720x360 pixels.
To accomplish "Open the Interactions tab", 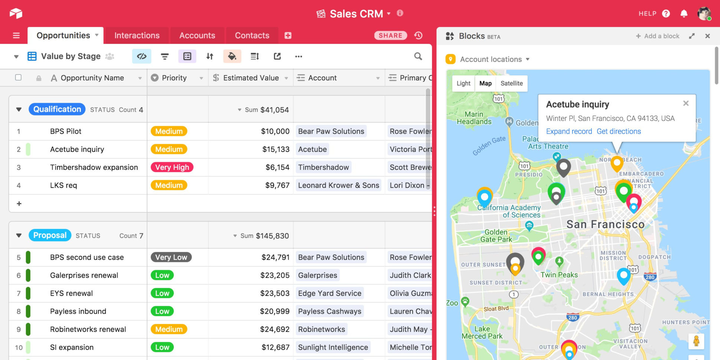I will tap(137, 36).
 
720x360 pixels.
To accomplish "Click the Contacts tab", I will tap(252, 36).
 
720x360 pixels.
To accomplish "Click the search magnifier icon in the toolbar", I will tap(418, 56).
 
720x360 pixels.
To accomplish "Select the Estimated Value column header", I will tap(251, 78).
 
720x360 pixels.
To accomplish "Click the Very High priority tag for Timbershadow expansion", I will tap(172, 167).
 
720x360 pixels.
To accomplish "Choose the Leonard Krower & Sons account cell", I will tap(338, 185).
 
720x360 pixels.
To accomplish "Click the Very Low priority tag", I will tap(171, 257).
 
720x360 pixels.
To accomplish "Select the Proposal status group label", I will tap(50, 235).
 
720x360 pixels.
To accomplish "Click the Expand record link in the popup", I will tap(569, 131).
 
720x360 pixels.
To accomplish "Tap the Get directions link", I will tap(618, 131).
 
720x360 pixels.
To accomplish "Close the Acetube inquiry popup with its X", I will tap(686, 104).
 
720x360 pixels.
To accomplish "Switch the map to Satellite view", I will tap(511, 84).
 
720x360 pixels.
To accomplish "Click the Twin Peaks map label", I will tap(559, 275).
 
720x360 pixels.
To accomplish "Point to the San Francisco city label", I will tap(605, 225).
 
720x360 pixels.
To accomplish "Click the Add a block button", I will tap(658, 36).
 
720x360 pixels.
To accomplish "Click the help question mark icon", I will tap(666, 14).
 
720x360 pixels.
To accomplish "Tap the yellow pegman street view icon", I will tap(696, 341).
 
